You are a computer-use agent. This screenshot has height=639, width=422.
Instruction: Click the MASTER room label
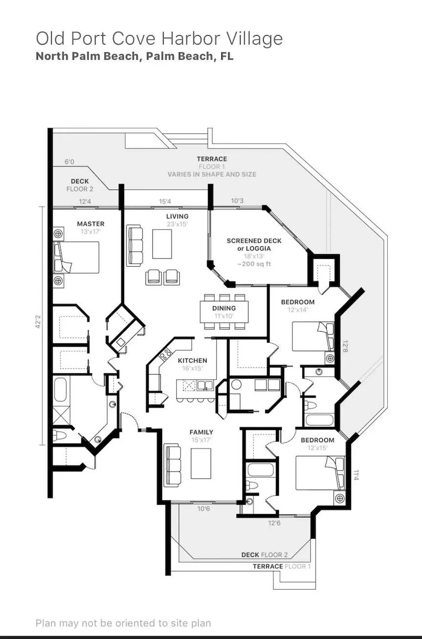pyautogui.click(x=91, y=224)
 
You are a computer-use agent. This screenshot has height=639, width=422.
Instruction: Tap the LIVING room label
pyautogui.click(x=177, y=216)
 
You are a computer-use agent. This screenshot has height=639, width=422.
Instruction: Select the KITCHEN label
pyautogui.click(x=192, y=361)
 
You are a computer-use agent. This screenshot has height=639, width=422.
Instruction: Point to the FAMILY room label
pyautogui.click(x=201, y=432)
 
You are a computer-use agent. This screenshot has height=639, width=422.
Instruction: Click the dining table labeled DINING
pyautogui.click(x=224, y=312)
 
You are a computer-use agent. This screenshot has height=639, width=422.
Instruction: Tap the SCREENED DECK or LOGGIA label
pyautogui.click(x=254, y=244)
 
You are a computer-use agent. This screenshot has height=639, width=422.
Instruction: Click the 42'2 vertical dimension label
pyautogui.click(x=38, y=321)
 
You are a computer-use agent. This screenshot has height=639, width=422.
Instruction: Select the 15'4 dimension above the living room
pyautogui.click(x=165, y=202)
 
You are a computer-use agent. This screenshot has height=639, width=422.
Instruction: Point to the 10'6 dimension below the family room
pyautogui.click(x=204, y=509)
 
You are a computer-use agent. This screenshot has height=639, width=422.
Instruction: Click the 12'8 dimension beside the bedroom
pyautogui.click(x=345, y=346)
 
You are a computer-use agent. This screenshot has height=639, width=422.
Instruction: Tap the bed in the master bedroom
pyautogui.click(x=76, y=257)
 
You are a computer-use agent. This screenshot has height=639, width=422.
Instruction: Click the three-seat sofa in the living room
pyautogui.click(x=135, y=246)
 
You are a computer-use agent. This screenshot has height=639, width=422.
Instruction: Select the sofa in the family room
pyautogui.click(x=172, y=465)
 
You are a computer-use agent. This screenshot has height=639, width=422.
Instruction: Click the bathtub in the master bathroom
pyautogui.click(x=61, y=389)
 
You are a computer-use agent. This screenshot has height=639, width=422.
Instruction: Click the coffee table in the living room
pyautogui.click(x=162, y=244)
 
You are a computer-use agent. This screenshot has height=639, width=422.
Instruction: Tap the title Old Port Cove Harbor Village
pyautogui.click(x=159, y=39)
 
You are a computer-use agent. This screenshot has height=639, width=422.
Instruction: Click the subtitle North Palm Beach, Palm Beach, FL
pyautogui.click(x=135, y=56)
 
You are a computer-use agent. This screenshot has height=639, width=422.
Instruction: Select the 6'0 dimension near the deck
pyautogui.click(x=69, y=162)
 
